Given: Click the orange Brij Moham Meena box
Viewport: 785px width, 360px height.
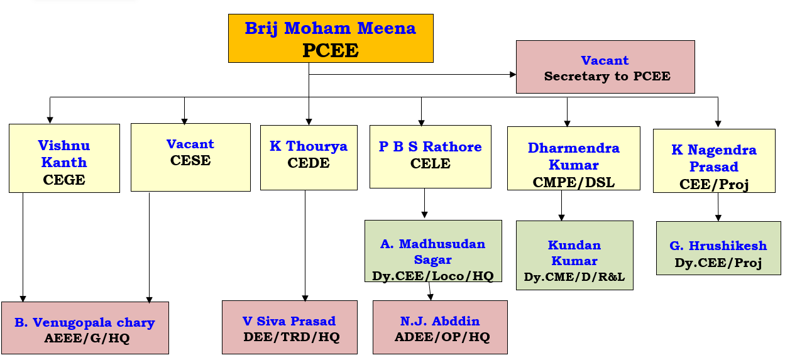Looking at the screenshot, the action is point(331,38).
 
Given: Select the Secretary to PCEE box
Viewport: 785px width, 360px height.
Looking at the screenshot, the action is point(606,67).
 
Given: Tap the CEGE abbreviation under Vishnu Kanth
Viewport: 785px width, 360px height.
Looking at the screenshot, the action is point(64,180).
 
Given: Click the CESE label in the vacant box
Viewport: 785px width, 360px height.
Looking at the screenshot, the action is point(190,160).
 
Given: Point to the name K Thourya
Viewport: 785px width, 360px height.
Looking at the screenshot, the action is point(309,146).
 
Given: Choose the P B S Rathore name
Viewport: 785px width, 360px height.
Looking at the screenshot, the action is point(431,147).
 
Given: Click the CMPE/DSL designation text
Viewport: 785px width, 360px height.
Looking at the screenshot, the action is point(574,182).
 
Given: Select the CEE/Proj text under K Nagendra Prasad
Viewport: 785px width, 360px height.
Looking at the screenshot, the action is point(714,184).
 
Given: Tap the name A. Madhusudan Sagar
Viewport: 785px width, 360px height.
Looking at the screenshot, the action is point(433,251).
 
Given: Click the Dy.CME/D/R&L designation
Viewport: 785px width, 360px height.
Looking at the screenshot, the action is point(574,276).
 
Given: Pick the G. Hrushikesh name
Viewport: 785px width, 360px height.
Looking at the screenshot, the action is point(718,246).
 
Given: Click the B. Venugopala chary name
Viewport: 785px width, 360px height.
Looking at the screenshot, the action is point(85,322).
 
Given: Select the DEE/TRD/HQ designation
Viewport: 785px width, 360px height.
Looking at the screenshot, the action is point(291,337).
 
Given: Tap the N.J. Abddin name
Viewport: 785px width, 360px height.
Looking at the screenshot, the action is point(440,321).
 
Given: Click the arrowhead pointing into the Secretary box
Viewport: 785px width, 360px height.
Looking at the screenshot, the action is point(513,74).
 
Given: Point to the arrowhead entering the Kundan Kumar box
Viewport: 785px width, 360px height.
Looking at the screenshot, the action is point(561,217).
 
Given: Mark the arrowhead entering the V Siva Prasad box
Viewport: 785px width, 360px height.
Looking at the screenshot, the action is point(305,298).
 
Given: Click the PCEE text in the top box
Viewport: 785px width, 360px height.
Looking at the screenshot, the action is point(331,50).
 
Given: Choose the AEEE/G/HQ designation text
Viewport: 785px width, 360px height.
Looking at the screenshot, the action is point(87,338).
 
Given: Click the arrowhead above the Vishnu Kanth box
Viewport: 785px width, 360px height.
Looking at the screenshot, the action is point(50,120).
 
